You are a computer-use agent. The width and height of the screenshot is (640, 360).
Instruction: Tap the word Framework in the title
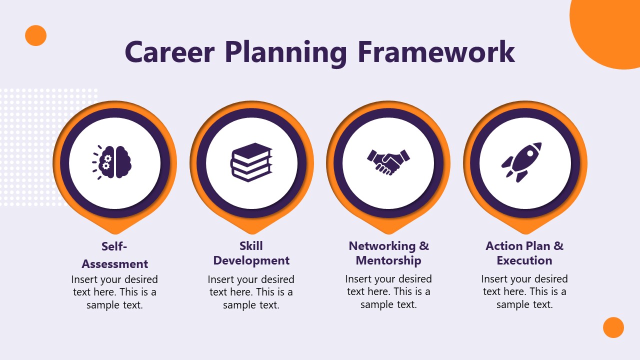(436, 51)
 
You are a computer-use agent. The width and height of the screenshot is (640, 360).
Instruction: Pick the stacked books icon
(251, 162)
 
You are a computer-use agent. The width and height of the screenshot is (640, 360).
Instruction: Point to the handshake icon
(388, 161)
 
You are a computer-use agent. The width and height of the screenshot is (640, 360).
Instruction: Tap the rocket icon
(523, 161)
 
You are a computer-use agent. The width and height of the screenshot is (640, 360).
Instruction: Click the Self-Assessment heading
(115, 255)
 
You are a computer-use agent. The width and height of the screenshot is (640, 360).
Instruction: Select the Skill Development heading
(251, 253)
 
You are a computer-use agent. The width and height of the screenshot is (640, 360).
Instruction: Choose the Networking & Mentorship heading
(388, 253)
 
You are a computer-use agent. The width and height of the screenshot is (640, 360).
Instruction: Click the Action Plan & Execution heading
(524, 253)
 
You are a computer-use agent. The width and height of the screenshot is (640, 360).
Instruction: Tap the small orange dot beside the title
(35, 35)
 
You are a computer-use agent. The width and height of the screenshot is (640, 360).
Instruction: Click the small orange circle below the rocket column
(613, 327)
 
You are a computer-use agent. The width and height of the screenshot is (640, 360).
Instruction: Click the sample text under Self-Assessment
(114, 292)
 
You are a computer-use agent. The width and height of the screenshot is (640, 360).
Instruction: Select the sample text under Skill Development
(251, 292)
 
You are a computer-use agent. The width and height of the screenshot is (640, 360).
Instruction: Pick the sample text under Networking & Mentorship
(388, 292)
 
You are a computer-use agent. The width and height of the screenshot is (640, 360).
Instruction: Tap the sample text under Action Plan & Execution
(524, 291)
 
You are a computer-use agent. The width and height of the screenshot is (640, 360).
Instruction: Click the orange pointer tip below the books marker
(251, 228)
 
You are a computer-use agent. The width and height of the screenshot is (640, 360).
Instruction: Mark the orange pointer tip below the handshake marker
(388, 228)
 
